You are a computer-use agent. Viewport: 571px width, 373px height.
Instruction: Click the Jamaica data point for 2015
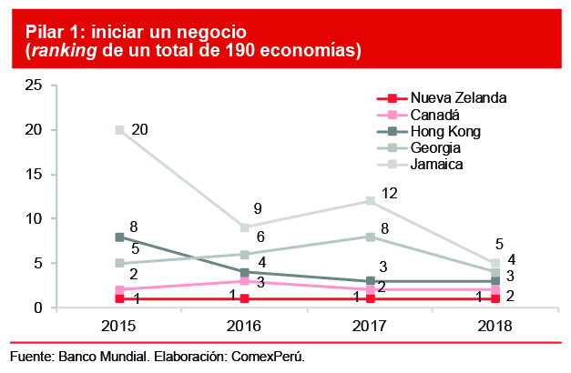click(120, 130)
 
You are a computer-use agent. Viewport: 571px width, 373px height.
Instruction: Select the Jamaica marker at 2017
click(371, 201)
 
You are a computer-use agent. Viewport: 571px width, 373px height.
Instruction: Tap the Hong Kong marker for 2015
click(120, 237)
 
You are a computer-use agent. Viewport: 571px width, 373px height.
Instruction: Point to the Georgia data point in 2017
click(371, 237)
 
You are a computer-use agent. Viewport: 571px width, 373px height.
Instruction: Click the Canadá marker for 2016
click(246, 281)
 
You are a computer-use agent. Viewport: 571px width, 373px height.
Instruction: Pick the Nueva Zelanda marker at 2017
click(371, 299)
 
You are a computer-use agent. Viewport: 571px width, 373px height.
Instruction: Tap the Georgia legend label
click(435, 147)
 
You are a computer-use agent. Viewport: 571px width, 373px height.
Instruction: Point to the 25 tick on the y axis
click(35, 86)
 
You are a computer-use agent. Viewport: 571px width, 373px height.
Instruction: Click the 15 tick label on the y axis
click(35, 175)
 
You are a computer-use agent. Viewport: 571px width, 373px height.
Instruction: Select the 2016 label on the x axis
click(246, 326)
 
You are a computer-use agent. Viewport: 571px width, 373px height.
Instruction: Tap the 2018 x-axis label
click(495, 326)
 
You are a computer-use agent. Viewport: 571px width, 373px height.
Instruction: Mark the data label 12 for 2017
click(390, 193)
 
